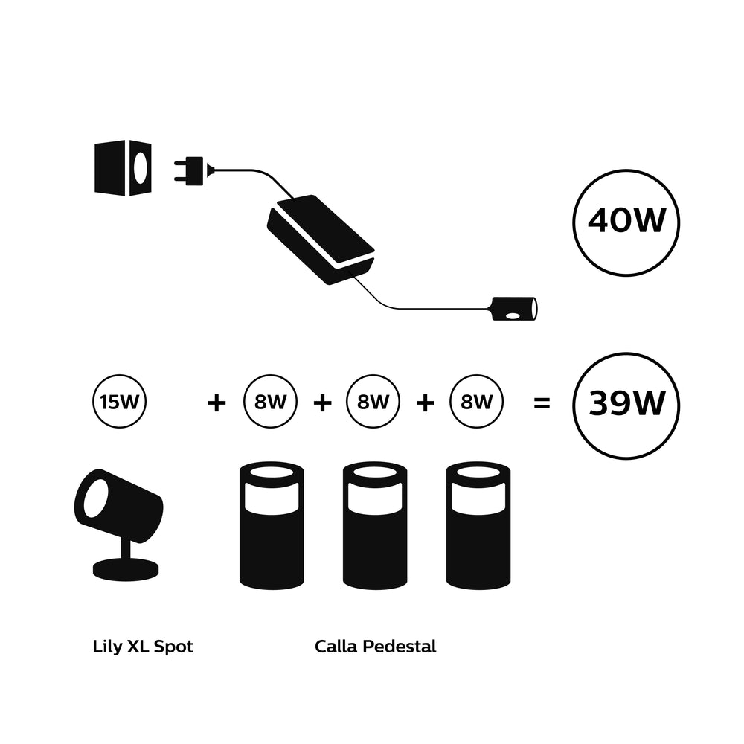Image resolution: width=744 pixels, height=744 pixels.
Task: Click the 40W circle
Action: [626, 222]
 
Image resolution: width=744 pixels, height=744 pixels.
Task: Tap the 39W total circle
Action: [626, 405]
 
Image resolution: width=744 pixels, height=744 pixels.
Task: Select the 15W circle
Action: [118, 403]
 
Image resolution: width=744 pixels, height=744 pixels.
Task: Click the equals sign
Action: [542, 403]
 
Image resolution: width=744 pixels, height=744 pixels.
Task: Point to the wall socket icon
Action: [123, 167]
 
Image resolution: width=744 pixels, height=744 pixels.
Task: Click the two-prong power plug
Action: [192, 170]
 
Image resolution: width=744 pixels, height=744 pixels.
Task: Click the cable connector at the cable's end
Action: [513, 309]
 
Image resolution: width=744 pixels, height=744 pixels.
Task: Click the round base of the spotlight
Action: [125, 569]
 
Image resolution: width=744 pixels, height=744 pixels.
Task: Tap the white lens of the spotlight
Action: [94, 498]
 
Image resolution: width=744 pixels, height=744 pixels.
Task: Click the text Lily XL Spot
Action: [143, 646]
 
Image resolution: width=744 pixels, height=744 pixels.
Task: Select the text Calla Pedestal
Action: [375, 646]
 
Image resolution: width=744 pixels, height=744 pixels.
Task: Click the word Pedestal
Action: [399, 646]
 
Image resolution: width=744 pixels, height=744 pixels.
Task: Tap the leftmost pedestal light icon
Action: [272, 525]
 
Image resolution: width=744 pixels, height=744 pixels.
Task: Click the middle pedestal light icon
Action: [374, 525]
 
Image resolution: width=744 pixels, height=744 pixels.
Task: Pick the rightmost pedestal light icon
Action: [478, 525]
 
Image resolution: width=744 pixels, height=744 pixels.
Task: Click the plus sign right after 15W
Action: [216, 403]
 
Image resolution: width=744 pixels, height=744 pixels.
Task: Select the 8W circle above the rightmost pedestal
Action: [476, 403]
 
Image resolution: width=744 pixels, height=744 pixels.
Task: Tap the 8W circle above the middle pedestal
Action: [373, 403]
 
